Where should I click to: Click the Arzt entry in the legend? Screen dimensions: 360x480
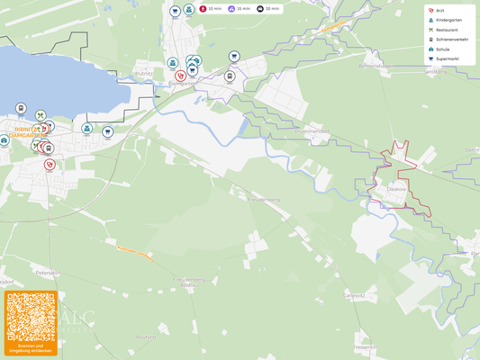click(x=439, y=11)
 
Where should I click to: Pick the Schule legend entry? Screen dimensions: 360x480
click(x=442, y=49)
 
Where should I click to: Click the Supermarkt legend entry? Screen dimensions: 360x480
click(x=447, y=58)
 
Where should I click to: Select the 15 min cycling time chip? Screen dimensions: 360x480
click(x=239, y=8)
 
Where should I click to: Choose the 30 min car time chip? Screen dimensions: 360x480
click(x=267, y=8)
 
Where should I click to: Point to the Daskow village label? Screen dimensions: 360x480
click(x=397, y=189)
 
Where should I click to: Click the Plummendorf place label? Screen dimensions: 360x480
click(x=312, y=132)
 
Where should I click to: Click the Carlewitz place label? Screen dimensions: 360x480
click(x=354, y=294)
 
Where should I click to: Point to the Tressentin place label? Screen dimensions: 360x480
click(x=365, y=346)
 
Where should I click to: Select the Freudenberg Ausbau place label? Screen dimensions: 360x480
click(x=189, y=282)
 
